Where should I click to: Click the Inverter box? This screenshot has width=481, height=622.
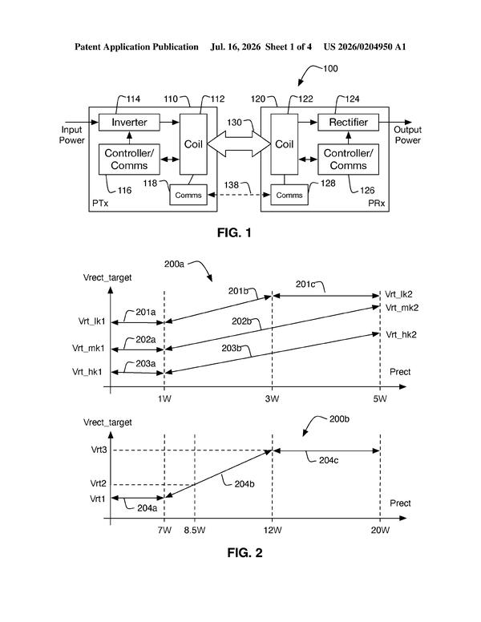coord(129,122)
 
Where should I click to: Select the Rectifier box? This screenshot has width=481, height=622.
coord(348,122)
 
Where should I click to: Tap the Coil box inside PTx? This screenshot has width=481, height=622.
coord(193,144)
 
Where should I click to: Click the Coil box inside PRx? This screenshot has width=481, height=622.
coord(284,144)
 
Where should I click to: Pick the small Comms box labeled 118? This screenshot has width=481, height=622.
coord(188,195)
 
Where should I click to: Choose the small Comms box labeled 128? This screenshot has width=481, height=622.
coord(289,195)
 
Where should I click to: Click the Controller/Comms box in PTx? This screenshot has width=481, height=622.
coord(129,159)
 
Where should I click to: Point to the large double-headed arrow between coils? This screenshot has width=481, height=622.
coord(239,144)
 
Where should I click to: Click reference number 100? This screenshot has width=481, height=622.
coord(330,69)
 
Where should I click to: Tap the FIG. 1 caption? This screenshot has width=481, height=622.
coord(234,232)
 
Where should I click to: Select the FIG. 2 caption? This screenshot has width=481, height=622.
coord(245,552)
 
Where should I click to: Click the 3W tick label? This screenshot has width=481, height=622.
coord(272,398)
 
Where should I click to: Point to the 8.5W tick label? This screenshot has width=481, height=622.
coord(195,530)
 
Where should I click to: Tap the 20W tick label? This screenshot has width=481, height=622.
coord(380,530)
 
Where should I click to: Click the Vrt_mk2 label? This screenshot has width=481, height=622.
coord(402,308)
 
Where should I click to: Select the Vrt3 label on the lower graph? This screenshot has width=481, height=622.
coord(99,450)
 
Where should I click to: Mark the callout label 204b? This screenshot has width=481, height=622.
coord(245,484)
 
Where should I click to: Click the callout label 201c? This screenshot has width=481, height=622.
coord(305,284)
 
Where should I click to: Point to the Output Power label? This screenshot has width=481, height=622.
coord(407,135)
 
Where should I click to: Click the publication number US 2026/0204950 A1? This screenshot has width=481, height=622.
coord(365,46)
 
